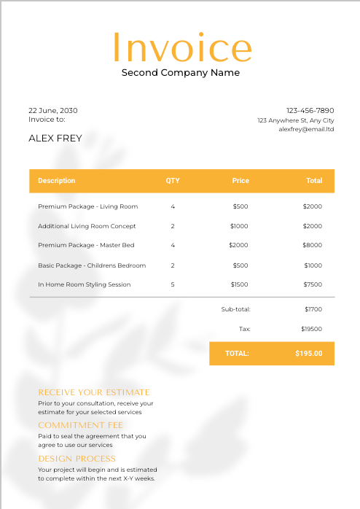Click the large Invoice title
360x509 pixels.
click(x=181, y=47)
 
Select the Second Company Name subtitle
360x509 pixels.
click(x=180, y=72)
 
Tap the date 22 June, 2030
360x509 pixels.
click(x=52, y=110)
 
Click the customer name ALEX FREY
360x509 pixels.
click(x=55, y=138)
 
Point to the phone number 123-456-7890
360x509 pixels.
click(x=310, y=110)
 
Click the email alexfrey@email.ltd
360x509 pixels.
click(x=306, y=129)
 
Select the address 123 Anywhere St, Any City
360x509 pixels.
click(x=295, y=120)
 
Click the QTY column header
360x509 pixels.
click(x=173, y=181)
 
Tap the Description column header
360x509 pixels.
click(x=56, y=181)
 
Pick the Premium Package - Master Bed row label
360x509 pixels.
click(x=86, y=245)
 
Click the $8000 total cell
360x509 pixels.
click(x=312, y=245)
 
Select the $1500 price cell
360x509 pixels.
click(x=239, y=284)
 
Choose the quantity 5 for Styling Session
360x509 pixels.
click(x=173, y=284)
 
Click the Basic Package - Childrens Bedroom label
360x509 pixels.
click(x=92, y=265)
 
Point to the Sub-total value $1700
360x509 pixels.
click(x=313, y=309)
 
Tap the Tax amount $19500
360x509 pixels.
click(x=311, y=329)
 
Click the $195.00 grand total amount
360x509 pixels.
click(x=308, y=354)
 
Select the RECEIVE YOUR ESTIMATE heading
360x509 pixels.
click(x=93, y=392)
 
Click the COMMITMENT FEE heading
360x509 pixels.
click(x=80, y=425)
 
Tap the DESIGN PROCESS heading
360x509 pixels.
click(x=77, y=459)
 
